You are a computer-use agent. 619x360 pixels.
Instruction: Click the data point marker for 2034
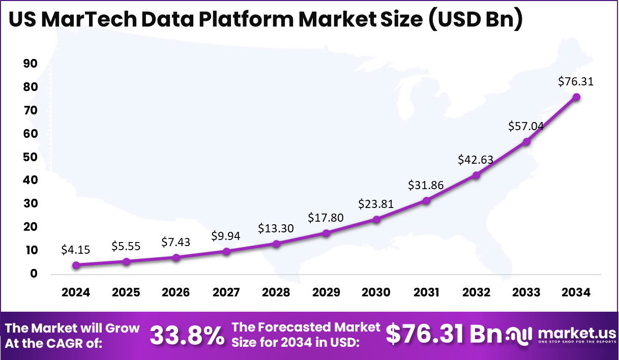(576, 97)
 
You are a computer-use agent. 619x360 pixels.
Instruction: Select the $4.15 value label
(76, 250)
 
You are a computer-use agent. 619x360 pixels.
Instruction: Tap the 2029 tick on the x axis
(326, 292)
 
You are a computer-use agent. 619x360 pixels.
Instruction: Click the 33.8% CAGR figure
(187, 335)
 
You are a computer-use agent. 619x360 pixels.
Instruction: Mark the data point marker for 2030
(376, 219)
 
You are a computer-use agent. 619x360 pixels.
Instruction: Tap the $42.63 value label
(476, 159)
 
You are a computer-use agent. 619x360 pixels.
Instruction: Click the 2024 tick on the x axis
(76, 292)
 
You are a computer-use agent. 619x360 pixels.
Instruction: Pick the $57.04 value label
(526, 126)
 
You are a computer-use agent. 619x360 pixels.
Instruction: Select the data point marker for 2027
(226, 251)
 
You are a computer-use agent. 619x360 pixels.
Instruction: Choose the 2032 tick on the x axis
(476, 292)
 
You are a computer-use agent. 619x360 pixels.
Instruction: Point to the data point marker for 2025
(126, 261)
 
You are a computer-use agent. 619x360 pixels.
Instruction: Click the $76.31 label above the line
(576, 81)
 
